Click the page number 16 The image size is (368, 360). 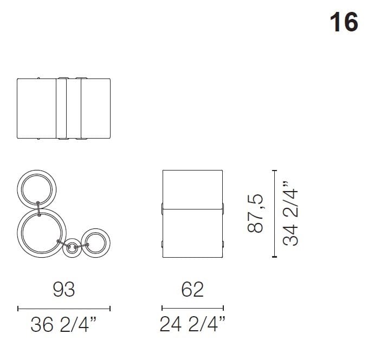click(x=344, y=22)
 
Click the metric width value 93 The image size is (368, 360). click(x=63, y=290)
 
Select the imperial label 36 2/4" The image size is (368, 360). click(x=63, y=325)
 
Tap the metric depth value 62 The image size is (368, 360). click(x=192, y=290)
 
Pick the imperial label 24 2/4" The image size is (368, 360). click(x=192, y=325)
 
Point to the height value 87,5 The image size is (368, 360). click(x=255, y=214)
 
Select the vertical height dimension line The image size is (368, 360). click(x=274, y=214)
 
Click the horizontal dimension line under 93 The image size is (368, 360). click(x=63, y=309)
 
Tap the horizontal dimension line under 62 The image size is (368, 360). click(x=192, y=309)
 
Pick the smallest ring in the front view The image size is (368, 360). click(x=70, y=249)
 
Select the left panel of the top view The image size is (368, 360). click(x=36, y=109)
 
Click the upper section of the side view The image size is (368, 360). click(x=192, y=188)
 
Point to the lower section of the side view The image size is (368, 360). click(x=192, y=233)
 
